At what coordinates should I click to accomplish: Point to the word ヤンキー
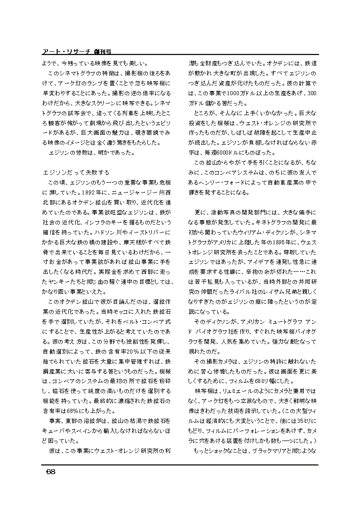[61, 281]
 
